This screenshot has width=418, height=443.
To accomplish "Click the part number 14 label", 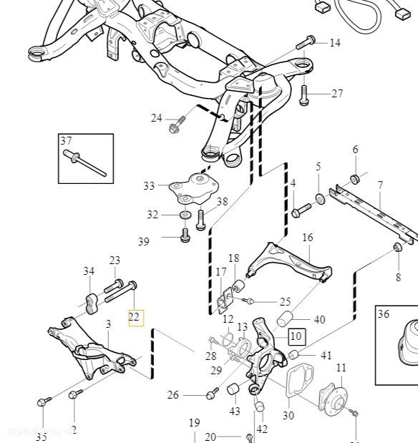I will coord(335,43).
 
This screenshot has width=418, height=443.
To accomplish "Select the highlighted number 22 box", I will coord(135,316).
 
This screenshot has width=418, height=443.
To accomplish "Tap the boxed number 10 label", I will coord(296,334).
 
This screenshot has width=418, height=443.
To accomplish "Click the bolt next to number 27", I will coord(304,92).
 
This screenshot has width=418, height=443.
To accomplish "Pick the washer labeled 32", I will coord(184,215).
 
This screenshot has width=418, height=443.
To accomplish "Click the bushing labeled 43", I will coord(233,389).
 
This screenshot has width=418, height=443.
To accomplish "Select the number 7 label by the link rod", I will coord(380,185).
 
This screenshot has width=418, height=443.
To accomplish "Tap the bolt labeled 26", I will coord(212,394).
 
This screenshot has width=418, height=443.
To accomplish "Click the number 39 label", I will coord(144,242).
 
